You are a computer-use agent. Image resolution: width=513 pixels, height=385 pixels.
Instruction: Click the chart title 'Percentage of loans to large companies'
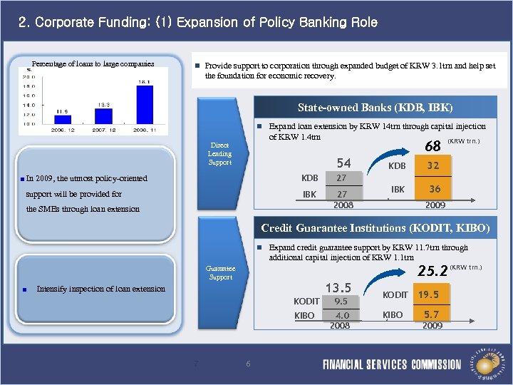[93, 63]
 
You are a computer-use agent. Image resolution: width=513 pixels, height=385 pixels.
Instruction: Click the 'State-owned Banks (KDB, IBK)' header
[375, 108]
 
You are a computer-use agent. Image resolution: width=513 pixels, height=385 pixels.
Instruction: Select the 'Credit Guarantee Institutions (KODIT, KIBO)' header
[375, 228]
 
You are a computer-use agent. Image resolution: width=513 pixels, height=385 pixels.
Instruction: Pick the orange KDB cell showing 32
[432, 165]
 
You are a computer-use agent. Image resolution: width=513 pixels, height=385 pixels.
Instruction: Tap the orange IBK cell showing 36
[432, 190]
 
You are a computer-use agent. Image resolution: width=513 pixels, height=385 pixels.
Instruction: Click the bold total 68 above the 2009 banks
[432, 146]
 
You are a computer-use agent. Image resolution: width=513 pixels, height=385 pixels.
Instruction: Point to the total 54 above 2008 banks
[343, 163]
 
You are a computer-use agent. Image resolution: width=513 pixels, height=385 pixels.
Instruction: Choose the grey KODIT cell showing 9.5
[341, 302]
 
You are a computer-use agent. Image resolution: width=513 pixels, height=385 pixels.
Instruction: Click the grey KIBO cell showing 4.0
[341, 315]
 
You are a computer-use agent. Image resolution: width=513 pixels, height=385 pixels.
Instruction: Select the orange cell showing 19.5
[428, 294]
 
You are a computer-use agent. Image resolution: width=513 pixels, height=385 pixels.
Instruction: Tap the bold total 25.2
[432, 271]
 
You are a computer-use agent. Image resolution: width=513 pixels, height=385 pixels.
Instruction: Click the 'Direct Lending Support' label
[219, 153]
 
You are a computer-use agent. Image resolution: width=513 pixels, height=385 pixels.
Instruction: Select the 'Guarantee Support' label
[220, 273]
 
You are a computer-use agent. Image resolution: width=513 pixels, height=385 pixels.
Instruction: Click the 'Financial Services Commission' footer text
[391, 364]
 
